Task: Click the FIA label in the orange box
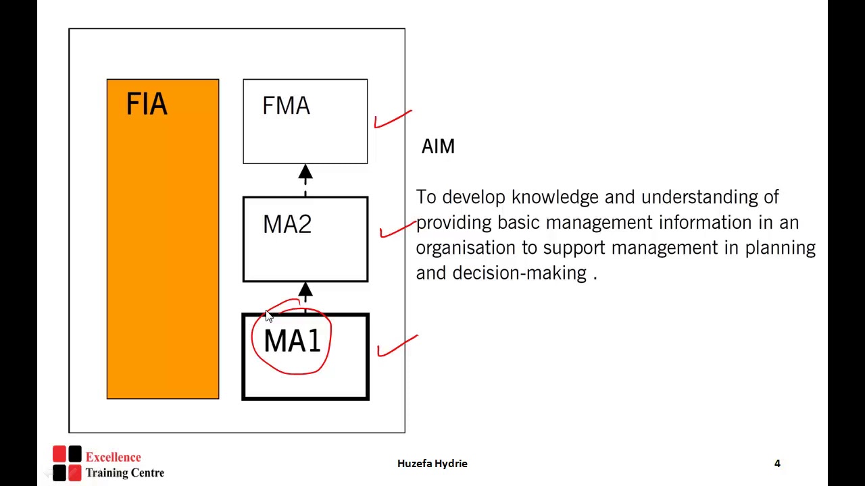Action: (x=147, y=105)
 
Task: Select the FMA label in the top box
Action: (x=286, y=106)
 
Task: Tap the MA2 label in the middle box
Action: (x=287, y=225)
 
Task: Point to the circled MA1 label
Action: (x=292, y=342)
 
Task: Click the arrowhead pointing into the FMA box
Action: (x=305, y=173)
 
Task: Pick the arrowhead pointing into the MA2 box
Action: (x=305, y=291)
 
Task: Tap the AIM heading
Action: (x=438, y=146)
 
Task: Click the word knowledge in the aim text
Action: (x=555, y=197)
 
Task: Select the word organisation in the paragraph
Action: (x=467, y=248)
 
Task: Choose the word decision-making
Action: (x=519, y=273)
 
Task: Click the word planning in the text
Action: (x=780, y=248)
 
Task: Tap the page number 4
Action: (x=777, y=463)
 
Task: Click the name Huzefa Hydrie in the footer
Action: (x=432, y=463)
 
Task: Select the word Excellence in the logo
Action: (x=113, y=457)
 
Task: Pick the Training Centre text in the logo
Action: (x=124, y=473)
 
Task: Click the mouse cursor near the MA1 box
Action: (x=269, y=317)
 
